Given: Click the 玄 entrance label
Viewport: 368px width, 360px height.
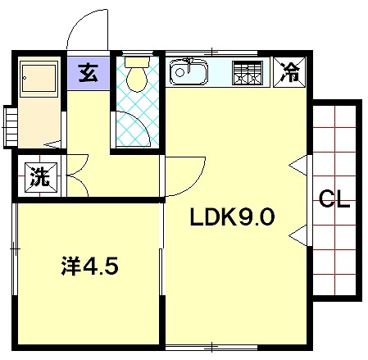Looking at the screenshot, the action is point(88,73).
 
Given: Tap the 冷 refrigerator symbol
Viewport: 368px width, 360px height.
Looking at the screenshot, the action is point(289,72).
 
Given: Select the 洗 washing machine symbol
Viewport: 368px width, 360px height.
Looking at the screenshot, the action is point(41,177).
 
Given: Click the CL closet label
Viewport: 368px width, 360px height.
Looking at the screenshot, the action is point(334,199).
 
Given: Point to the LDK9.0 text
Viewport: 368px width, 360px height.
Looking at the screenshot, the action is point(232,216).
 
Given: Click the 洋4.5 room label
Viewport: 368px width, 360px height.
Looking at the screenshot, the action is point(89,266).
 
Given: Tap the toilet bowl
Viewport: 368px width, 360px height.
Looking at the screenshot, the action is point(137,80).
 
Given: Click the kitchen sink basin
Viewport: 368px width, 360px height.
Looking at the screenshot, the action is point(189,72).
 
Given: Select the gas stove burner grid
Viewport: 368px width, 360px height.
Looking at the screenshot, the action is point(248,73).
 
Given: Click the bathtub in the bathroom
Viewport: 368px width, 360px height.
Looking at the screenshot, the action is point(39,79).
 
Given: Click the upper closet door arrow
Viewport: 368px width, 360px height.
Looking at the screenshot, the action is point(298,166).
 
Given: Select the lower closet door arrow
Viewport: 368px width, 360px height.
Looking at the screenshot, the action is point(298,235).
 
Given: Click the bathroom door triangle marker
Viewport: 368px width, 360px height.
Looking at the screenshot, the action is point(52,144).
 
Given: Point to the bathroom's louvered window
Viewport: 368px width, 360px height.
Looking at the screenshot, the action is point(11,127).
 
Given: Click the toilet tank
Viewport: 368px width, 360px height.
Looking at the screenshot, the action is point(137,62).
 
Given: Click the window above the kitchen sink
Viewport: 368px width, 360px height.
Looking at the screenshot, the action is point(211,53).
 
